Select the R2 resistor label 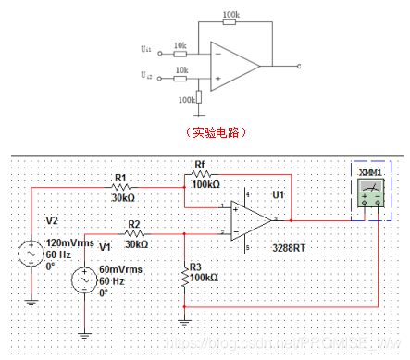(x=135, y=224)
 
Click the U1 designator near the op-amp (x=277, y=195)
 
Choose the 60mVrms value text (x=123, y=270)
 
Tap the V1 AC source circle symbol (x=84, y=280)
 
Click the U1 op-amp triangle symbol (x=249, y=221)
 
